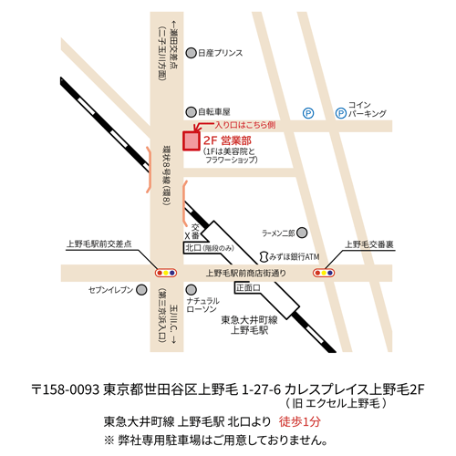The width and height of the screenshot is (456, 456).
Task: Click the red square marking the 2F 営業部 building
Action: (x=191, y=140)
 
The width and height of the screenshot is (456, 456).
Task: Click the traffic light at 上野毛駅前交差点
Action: (x=165, y=272)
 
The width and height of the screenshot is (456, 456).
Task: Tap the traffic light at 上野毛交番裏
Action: (x=324, y=272)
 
